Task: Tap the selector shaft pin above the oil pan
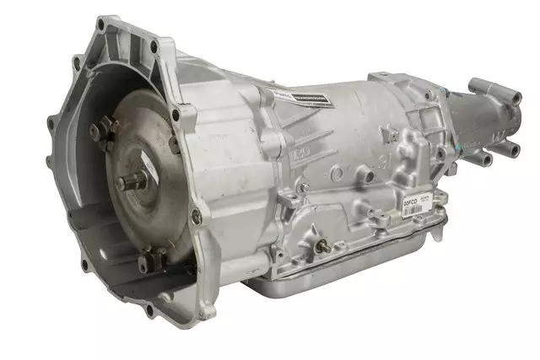[321, 246]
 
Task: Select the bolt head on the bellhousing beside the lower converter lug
[196, 218]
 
